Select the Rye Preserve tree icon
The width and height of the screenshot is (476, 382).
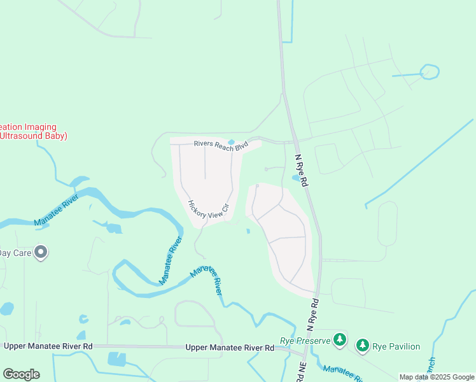[340, 340]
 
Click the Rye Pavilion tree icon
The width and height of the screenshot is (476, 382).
[362, 346]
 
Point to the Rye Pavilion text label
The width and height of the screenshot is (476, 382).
[396, 346]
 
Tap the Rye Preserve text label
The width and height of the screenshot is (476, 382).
[305, 341]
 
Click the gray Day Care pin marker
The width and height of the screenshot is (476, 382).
[41, 253]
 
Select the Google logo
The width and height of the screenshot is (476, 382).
[21, 374]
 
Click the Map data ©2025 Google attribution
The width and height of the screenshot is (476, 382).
[437, 377]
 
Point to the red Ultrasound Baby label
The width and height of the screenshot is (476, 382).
[33, 136]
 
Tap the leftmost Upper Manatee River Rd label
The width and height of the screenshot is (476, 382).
[48, 346]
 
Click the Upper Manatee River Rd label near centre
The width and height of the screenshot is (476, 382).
[230, 348]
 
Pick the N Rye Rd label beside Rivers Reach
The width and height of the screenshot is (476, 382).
[302, 169]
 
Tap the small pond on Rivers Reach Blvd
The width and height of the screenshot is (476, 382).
[231, 142]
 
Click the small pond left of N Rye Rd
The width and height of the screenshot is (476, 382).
[295, 178]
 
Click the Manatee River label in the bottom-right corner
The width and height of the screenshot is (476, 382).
[344, 372]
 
